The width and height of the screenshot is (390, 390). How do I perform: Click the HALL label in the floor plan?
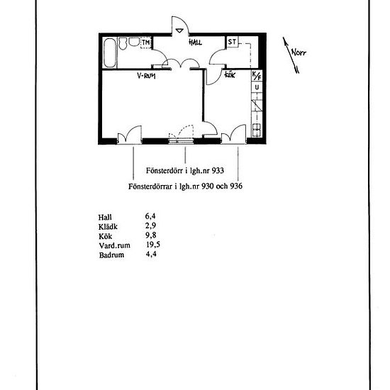click(x=195, y=42)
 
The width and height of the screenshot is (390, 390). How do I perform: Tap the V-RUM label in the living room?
click(x=146, y=75)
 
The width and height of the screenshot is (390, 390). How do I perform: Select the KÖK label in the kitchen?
click(x=230, y=74)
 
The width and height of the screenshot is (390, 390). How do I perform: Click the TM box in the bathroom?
click(x=146, y=43)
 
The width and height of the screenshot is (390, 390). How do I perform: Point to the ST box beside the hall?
click(x=232, y=42)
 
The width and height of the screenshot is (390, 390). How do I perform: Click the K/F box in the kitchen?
click(x=257, y=76)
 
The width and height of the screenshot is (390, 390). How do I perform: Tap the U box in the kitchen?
click(x=257, y=87)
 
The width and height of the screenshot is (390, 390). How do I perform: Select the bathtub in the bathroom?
click(x=110, y=52)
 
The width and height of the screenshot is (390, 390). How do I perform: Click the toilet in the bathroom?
click(x=123, y=43)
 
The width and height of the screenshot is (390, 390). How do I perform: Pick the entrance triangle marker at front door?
click(x=179, y=30)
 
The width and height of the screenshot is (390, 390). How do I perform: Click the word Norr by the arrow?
click(x=299, y=52)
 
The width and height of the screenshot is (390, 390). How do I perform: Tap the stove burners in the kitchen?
click(x=257, y=130)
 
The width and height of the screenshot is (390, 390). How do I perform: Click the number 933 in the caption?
click(x=218, y=171)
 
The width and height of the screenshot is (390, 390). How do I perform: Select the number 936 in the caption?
click(x=236, y=186)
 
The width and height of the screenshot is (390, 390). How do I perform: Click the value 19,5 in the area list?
click(x=153, y=245)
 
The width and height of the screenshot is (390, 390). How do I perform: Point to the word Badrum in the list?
click(x=111, y=255)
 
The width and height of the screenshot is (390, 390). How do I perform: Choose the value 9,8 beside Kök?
click(x=151, y=235)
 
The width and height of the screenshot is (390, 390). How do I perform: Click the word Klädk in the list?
click(x=108, y=227)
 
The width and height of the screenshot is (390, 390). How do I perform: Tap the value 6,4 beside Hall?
click(x=150, y=216)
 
